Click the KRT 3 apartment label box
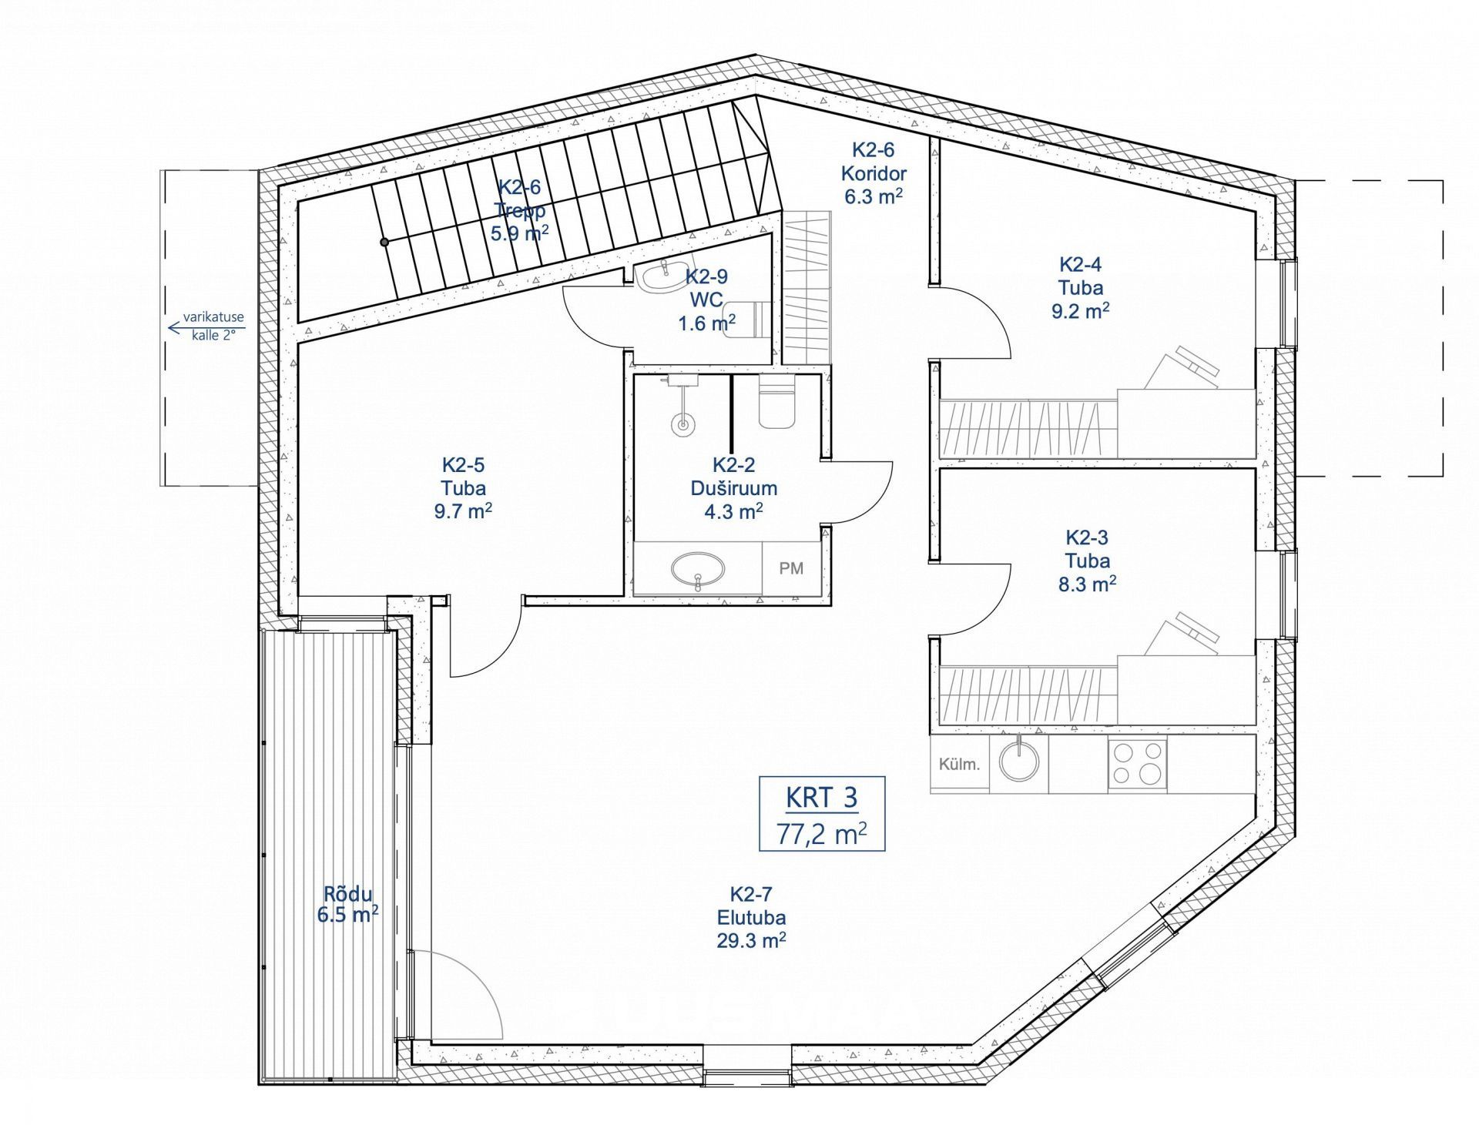coord(822,813)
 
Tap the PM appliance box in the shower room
coord(792,568)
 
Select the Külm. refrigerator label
coord(959,765)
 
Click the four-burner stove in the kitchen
coord(1138,764)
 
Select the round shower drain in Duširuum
coord(681,424)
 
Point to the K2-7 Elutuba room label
coord(751,917)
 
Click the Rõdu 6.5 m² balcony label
coord(347,905)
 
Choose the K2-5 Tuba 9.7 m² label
coord(463,488)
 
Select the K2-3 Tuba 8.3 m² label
coord(1088,561)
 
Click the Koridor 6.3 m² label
coord(874,185)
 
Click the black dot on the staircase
coord(384,242)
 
